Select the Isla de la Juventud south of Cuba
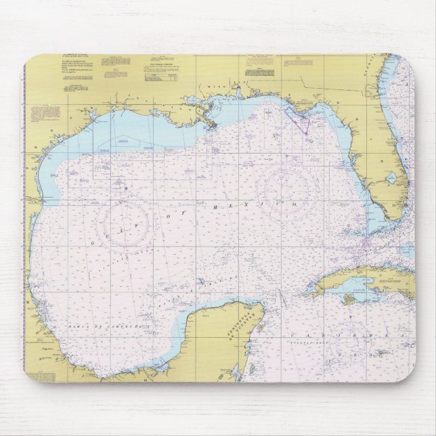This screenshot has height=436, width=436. [349, 298]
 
